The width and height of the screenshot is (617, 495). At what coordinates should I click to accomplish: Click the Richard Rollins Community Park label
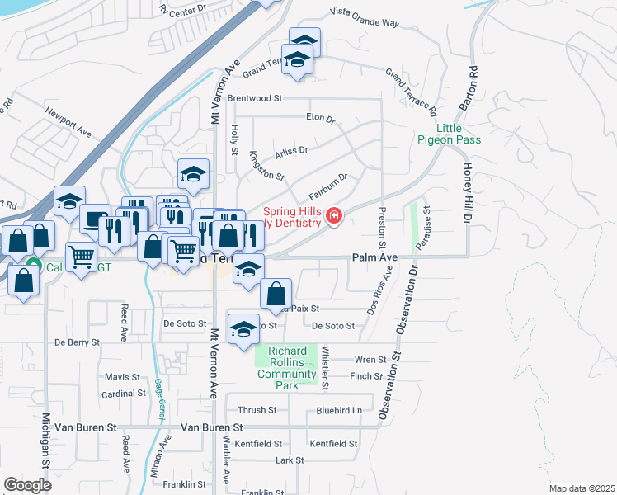(x=286, y=363)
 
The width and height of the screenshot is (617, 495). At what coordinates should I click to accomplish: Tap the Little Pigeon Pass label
(x=459, y=134)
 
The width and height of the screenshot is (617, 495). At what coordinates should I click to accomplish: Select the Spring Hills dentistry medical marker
(x=334, y=217)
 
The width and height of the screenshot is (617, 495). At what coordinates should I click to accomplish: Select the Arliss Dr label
(x=291, y=150)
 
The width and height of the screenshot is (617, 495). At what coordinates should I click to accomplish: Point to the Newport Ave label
(x=68, y=120)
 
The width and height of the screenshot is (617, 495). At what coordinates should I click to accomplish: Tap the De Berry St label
(x=77, y=342)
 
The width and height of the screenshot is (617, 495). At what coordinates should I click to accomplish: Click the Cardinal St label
(x=125, y=394)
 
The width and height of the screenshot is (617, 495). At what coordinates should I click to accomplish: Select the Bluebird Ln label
(x=339, y=410)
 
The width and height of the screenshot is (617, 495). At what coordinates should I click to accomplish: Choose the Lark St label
(x=290, y=460)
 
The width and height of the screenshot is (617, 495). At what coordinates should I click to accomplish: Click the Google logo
(x=27, y=484)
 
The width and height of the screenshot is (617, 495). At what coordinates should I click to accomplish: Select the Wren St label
(x=370, y=360)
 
